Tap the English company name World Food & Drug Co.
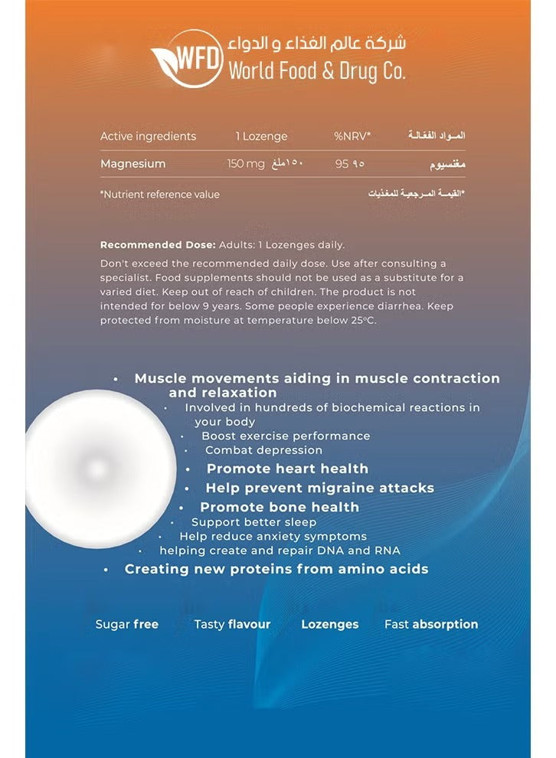click(316, 71)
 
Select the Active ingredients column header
click(148, 136)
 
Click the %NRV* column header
click(352, 136)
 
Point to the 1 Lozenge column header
click(261, 136)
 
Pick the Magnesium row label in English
click(132, 164)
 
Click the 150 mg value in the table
click(246, 164)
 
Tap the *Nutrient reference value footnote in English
click(159, 194)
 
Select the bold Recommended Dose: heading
click(158, 245)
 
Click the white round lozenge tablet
click(97, 469)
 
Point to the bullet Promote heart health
click(287, 469)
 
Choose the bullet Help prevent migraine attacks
click(319, 488)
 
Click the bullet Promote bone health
click(280, 507)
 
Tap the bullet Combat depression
click(263, 450)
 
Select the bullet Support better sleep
click(253, 522)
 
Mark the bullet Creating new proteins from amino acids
click(276, 569)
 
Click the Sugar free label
click(127, 624)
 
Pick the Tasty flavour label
click(232, 624)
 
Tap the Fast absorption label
click(431, 624)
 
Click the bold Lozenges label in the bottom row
click(329, 624)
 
